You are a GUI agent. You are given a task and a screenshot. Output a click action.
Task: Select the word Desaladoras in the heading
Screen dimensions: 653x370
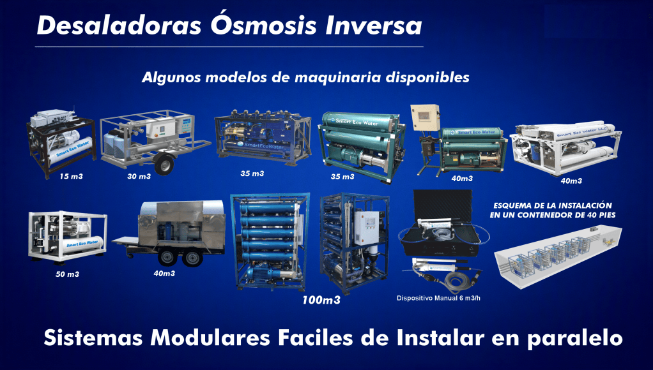(119, 26)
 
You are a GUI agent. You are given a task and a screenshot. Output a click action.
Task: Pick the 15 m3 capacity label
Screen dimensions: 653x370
(71, 176)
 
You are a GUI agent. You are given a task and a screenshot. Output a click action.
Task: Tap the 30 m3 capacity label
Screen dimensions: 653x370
(139, 176)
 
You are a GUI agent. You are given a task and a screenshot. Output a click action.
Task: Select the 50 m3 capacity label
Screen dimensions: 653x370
(67, 274)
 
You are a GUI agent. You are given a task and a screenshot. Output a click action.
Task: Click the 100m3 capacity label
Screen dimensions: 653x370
(321, 300)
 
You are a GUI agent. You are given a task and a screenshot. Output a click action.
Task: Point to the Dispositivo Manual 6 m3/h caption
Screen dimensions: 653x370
(438, 298)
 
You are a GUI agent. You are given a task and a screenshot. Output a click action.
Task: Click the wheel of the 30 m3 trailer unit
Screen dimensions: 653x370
(164, 164)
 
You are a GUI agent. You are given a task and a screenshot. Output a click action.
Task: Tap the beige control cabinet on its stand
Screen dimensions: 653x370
(424, 118)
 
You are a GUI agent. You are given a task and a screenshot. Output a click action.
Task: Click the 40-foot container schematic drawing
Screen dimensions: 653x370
(558, 256)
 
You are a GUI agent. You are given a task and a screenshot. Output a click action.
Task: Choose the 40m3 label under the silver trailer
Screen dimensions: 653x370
(164, 273)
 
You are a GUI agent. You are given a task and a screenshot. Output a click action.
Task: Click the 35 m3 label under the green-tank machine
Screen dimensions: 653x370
(342, 176)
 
